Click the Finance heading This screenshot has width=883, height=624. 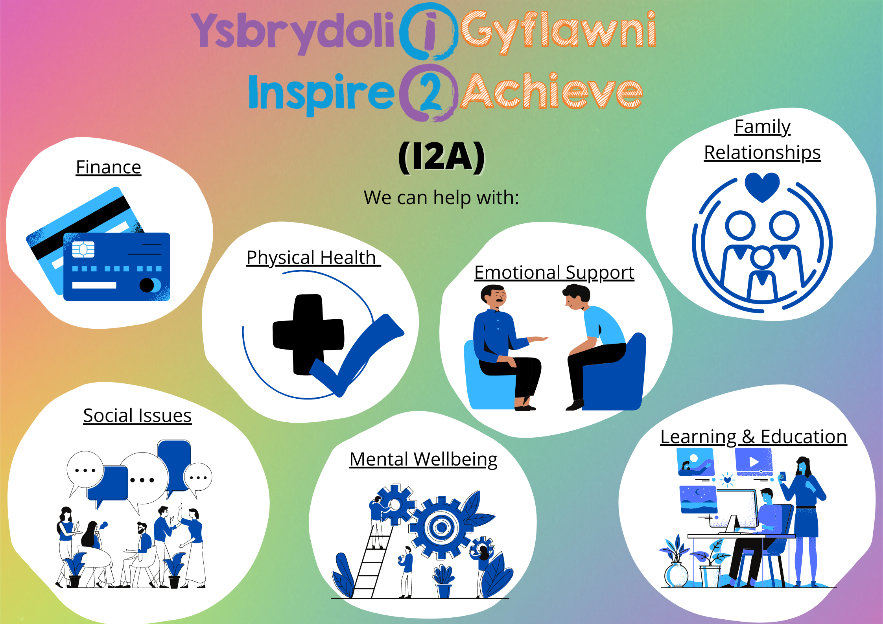tap(109, 167)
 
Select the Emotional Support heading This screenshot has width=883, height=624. tap(554, 273)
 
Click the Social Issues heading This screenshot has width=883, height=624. tap(137, 416)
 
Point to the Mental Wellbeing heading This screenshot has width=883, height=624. tap(423, 460)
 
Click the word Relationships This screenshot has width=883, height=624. tap(762, 153)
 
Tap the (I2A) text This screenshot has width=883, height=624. tap(441, 157)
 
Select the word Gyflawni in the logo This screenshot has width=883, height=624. tap(558, 31)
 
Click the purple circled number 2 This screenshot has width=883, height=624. tap(429, 93)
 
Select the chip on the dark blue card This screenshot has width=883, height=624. tap(83, 249)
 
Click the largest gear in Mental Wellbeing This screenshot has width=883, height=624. tap(441, 527)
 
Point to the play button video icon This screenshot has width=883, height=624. tap(754, 462)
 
